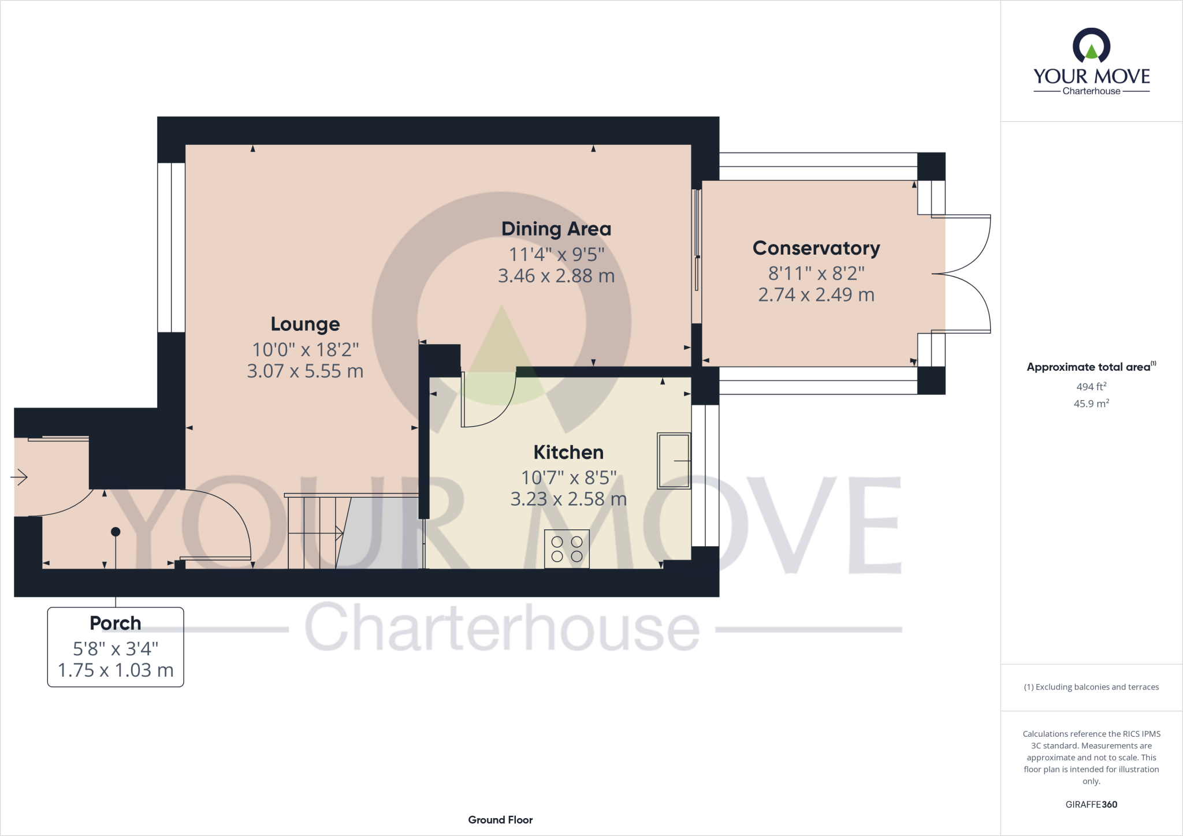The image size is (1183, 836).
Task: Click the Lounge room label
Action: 305,324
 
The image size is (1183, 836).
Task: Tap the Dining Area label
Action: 556,229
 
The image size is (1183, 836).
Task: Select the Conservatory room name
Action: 816,248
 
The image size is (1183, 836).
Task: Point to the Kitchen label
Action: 568,453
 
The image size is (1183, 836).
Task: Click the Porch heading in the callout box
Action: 116,624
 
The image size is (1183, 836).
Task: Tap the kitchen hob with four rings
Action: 567,549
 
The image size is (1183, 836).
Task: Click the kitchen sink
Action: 674,461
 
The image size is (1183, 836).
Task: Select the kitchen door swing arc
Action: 491,404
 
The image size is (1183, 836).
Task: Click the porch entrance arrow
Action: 19,477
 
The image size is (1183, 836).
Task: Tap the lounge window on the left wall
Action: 172,248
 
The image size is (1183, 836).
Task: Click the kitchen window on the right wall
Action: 705,475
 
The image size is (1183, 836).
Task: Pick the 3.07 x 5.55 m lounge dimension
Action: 305,371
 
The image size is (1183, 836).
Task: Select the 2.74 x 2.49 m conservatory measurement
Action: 816,295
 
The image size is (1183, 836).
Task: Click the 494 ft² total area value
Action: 1091,387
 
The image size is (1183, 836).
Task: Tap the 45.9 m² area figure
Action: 1091,404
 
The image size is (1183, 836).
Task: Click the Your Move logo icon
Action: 1091,46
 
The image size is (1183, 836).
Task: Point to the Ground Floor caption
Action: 500,820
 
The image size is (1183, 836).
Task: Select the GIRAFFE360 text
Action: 1091,804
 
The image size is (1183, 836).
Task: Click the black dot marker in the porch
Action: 116,532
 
